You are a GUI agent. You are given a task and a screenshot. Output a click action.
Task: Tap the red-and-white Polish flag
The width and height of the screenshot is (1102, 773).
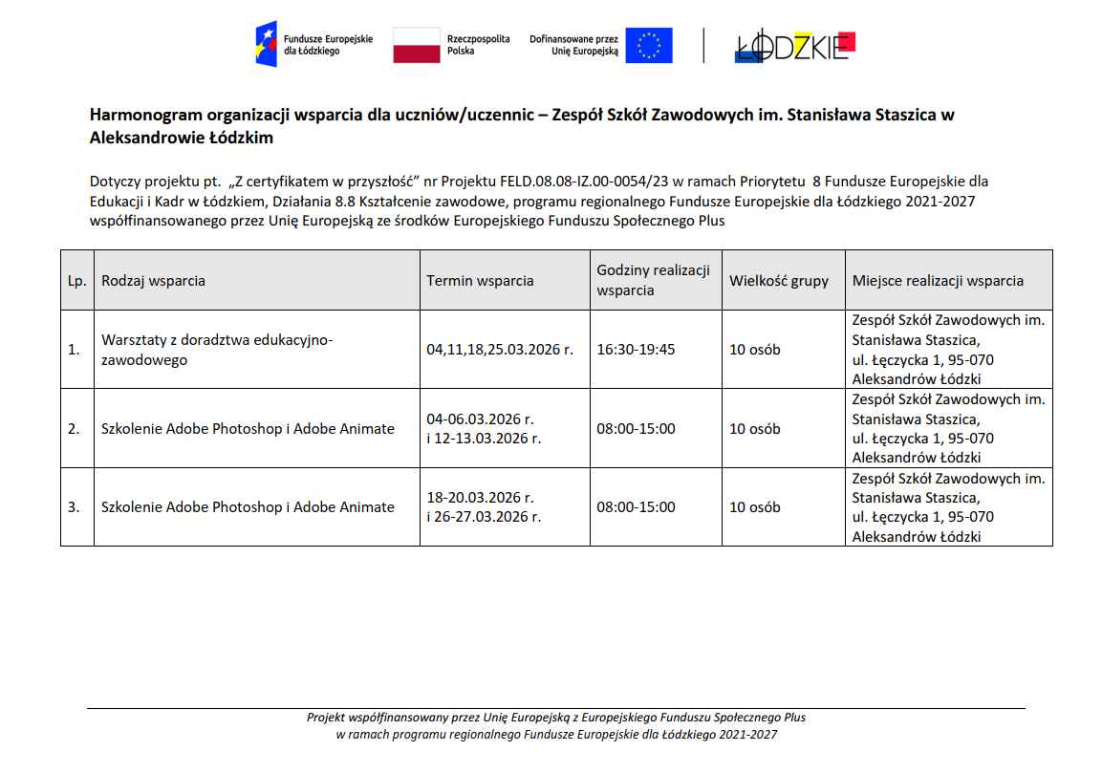[417, 45]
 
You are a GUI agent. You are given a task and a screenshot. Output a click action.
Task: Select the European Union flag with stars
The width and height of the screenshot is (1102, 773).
[649, 45]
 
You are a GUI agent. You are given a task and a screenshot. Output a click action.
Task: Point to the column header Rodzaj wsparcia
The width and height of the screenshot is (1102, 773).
[153, 281]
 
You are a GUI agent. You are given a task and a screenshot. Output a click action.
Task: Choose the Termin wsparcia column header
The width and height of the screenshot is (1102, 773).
[480, 281]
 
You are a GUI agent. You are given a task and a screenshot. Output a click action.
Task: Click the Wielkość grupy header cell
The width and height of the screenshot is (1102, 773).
[779, 281]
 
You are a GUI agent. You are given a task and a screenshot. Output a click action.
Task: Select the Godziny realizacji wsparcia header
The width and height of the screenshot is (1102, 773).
[654, 280]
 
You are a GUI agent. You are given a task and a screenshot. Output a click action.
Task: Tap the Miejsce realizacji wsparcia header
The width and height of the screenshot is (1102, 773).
[938, 281]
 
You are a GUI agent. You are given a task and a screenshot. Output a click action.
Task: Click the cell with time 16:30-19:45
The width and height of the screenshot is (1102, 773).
[636, 350]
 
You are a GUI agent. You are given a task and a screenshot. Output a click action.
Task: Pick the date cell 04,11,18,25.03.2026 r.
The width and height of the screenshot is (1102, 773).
[500, 350]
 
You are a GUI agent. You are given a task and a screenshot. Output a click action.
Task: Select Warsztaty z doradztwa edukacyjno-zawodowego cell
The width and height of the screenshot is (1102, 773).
[218, 350]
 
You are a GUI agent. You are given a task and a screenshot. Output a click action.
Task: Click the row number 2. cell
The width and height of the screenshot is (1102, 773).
[75, 429]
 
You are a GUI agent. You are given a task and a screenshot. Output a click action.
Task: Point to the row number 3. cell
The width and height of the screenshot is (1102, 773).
[75, 507]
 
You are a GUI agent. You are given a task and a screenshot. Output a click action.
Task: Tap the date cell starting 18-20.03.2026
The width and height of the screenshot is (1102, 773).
[484, 507]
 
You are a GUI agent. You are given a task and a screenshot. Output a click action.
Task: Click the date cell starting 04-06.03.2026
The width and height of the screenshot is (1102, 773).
[484, 429]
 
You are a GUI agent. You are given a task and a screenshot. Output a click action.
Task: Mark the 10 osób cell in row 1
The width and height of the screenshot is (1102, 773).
[755, 350]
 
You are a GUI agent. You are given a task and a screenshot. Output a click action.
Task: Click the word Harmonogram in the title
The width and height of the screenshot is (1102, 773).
[137, 115]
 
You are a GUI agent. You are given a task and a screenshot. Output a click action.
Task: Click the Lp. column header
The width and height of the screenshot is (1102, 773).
[76, 281]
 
